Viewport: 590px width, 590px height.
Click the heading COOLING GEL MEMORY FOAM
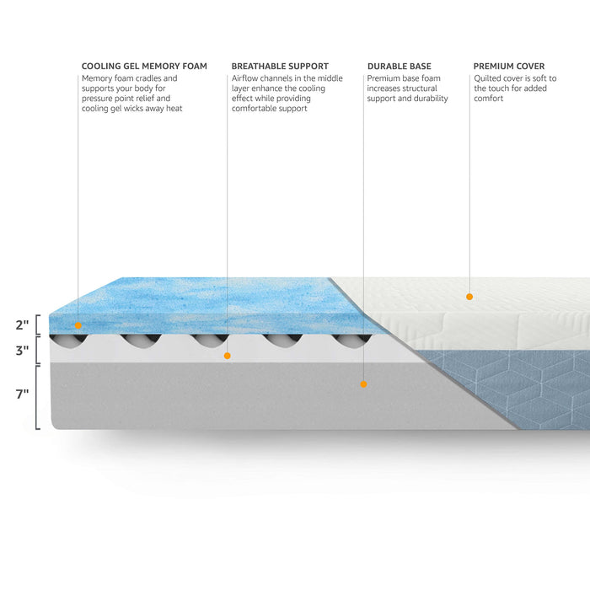(x=144, y=67)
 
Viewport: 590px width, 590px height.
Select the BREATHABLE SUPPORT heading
(x=280, y=67)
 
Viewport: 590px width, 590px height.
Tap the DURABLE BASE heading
(x=400, y=67)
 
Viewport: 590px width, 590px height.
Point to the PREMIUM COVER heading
(x=509, y=67)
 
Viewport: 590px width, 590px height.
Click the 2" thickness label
(x=22, y=324)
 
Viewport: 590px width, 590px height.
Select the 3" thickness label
(x=22, y=351)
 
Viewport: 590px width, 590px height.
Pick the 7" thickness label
(x=22, y=394)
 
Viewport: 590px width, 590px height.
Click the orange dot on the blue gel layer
(x=78, y=325)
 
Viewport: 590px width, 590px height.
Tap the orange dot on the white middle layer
(x=228, y=356)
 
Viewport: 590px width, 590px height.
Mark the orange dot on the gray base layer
(x=363, y=384)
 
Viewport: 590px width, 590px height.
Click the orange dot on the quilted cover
(x=469, y=297)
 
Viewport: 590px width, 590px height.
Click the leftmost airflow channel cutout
(x=69, y=341)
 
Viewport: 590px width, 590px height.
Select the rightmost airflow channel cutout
(x=352, y=341)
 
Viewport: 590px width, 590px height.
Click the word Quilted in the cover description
(x=487, y=78)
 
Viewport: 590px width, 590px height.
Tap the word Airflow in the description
(x=244, y=78)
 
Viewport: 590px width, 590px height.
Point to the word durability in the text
(x=432, y=99)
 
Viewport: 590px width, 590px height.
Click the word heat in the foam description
(x=174, y=109)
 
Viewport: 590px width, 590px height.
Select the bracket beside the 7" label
(x=38, y=397)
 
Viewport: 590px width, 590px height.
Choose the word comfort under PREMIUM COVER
(x=488, y=99)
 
